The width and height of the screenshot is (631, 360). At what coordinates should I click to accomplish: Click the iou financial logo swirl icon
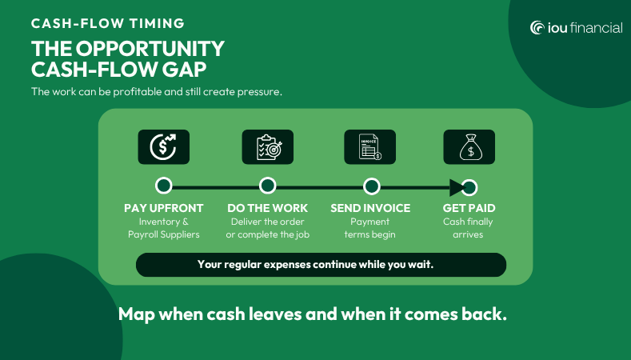click(537, 28)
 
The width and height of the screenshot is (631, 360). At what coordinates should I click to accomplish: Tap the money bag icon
click(469, 147)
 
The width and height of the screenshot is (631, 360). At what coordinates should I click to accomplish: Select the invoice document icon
click(369, 147)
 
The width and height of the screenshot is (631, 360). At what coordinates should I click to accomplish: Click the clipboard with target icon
click(268, 147)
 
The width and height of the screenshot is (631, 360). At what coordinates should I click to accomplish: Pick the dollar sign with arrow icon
click(163, 147)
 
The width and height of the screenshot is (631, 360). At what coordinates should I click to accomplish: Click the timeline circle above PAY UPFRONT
click(164, 186)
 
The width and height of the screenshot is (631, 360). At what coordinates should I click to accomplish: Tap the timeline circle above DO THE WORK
click(268, 186)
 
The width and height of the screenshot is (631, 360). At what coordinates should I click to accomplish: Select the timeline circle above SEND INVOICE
click(371, 186)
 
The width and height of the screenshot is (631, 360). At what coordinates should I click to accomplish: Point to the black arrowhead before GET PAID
click(457, 188)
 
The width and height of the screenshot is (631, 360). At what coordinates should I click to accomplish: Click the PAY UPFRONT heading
click(164, 208)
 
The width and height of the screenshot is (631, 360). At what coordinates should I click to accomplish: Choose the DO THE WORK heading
click(268, 208)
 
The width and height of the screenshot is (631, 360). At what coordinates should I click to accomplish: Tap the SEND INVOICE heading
click(370, 208)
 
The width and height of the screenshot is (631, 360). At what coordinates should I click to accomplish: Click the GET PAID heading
click(469, 208)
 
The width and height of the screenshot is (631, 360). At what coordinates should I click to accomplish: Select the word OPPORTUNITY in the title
click(150, 49)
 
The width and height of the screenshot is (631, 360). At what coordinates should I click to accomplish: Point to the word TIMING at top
click(158, 23)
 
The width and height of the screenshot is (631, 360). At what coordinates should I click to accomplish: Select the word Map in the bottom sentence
click(137, 314)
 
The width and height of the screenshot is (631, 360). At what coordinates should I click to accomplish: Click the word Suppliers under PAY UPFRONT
click(181, 234)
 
